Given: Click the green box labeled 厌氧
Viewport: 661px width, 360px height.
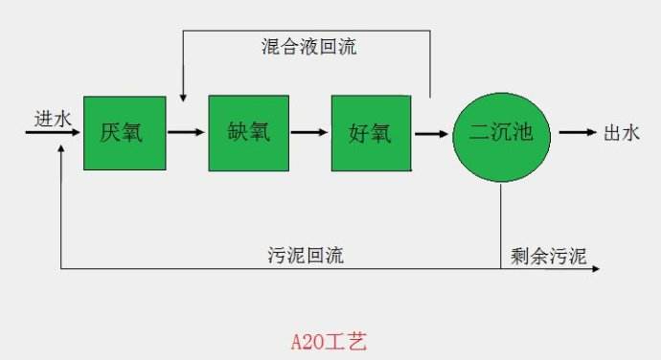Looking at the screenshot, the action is coord(121,133).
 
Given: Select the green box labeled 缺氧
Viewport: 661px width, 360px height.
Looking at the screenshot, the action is coord(248,133).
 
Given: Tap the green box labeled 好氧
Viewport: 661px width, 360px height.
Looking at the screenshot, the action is coord(372,133).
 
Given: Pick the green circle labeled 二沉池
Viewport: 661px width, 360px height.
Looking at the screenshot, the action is coord(502,134).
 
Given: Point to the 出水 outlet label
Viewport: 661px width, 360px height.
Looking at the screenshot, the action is coord(621,134).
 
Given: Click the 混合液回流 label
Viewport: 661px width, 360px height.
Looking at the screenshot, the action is coord(309,47).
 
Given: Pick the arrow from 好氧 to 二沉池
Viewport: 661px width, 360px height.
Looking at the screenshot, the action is coord(433,133).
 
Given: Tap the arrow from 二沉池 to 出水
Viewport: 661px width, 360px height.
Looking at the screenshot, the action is coord(577,133).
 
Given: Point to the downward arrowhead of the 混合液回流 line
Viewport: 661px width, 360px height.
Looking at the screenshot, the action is coord(182,96).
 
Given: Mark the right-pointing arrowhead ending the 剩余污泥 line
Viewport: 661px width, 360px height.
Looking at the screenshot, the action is coord(596,269).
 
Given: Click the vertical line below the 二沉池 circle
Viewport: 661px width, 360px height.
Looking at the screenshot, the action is coord(501,225).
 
